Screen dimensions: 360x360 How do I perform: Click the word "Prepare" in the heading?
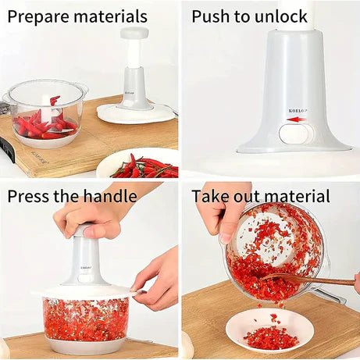[x=38, y=17]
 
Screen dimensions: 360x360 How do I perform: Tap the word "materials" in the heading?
[x=111, y=16]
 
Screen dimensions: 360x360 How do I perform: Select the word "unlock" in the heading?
[x=281, y=16]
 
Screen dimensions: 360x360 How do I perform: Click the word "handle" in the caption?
[x=110, y=195]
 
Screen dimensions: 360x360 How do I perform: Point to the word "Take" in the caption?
[x=211, y=196]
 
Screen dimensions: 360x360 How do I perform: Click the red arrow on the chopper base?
[x=296, y=119]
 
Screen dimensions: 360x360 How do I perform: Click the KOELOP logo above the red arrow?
[x=298, y=111]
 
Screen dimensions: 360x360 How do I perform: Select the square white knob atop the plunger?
[x=134, y=32]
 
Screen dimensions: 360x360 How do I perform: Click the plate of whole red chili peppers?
[x=137, y=163]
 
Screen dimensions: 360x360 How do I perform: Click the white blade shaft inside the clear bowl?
[x=48, y=110]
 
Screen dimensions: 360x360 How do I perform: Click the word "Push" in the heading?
[x=211, y=17]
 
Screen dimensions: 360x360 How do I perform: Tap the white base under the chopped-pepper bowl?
[x=85, y=344]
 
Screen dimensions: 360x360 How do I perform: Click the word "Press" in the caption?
[x=29, y=196]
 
